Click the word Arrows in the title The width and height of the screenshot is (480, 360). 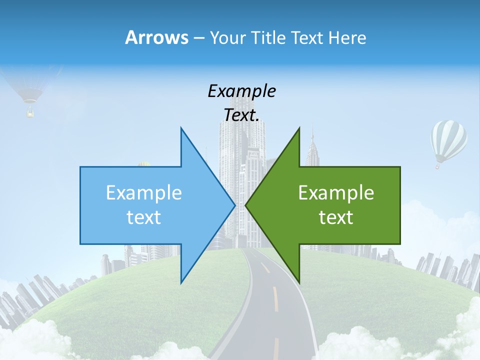click(156, 37)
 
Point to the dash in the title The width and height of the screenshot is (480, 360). click(198, 38)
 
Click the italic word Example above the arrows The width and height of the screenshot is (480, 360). click(241, 91)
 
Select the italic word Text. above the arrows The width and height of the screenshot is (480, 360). click(241, 115)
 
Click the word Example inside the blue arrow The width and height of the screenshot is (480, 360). click(144, 192)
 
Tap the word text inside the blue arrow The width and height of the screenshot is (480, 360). click(144, 217)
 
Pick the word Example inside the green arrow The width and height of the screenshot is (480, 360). click(336, 192)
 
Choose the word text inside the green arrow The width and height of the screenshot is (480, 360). click(336, 217)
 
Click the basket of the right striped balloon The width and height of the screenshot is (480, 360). click(437, 164)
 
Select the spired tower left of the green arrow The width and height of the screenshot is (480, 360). click(312, 147)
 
